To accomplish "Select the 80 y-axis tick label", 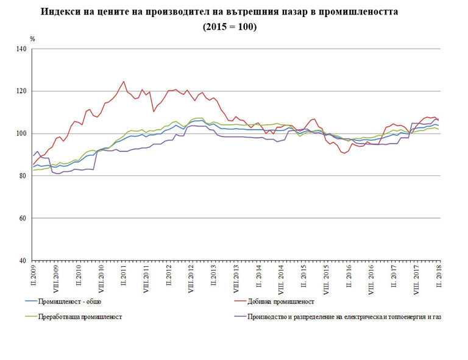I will point(24,176).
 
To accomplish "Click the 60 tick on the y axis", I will point(24,218).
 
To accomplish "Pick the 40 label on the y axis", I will point(24,261).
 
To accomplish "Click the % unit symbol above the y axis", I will point(32,39).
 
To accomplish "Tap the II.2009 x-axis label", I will point(34,277).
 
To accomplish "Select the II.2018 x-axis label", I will point(438,277).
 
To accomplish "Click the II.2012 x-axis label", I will point(169,277).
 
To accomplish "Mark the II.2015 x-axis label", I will point(303,277).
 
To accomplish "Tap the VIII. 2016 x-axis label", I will point(371,280).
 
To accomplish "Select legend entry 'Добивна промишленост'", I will point(280,302).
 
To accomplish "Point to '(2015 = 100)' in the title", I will point(230,27).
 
